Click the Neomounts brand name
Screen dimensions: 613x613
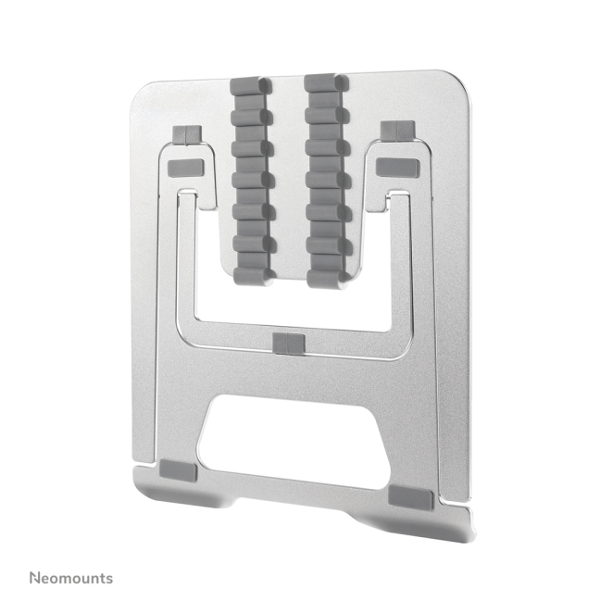coord(70,578)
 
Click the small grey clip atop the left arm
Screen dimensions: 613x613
coord(186,136)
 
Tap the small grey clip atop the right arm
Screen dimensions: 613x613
coord(394,130)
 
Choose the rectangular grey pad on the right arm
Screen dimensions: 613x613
coord(398,167)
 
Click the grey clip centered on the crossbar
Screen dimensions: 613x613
coord(288,344)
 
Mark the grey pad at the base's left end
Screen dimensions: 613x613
coord(178,470)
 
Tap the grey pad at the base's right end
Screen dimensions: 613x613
coord(410,498)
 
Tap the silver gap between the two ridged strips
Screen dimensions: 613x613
coord(289,176)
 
